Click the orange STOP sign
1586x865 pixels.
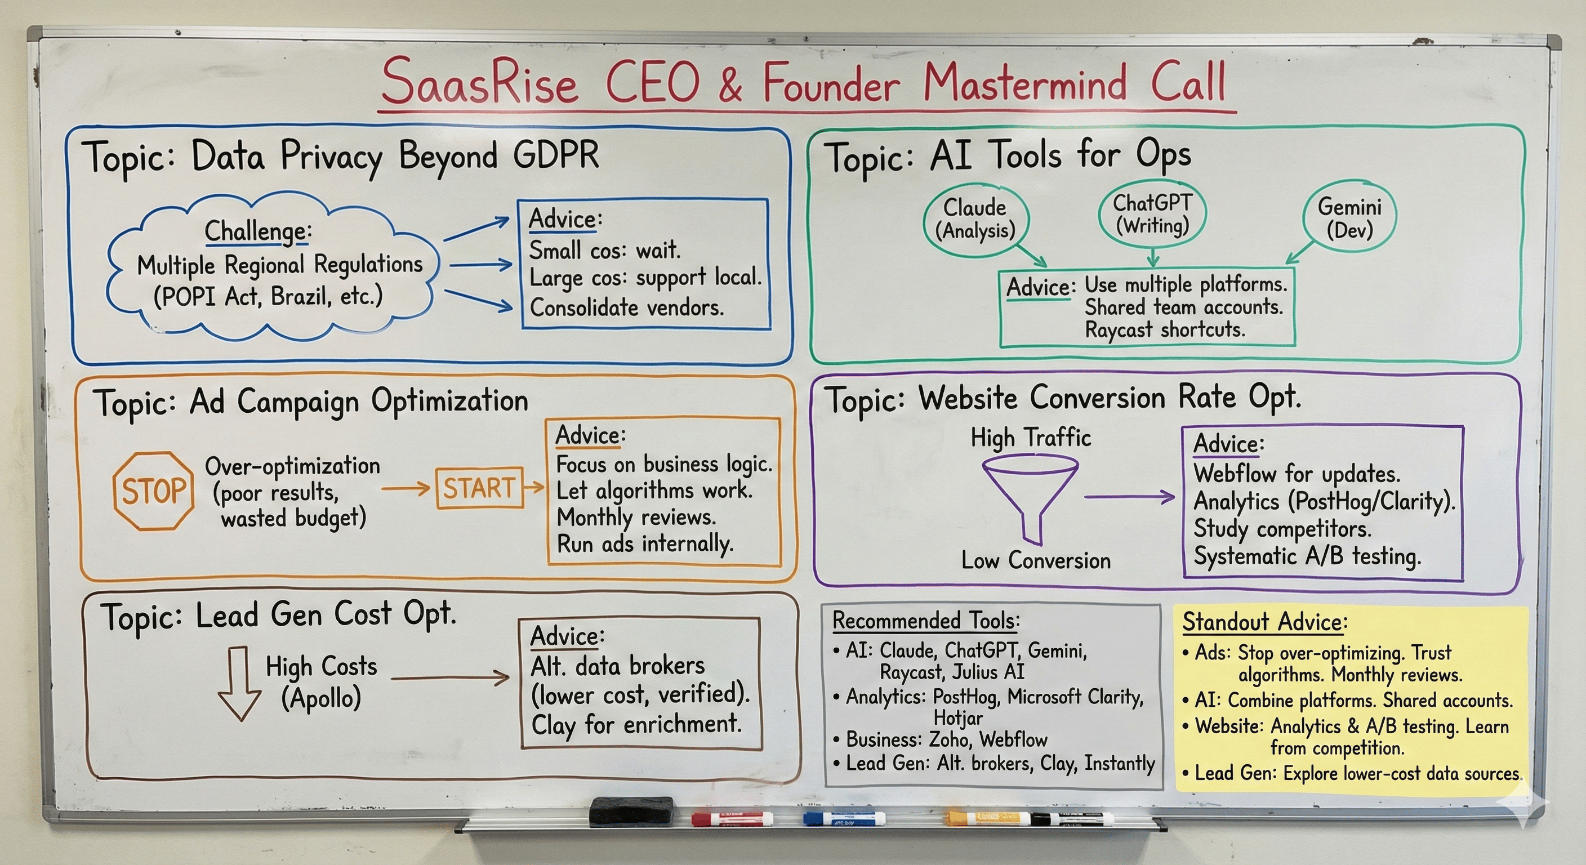coord(153,491)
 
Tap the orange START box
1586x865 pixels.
coord(479,488)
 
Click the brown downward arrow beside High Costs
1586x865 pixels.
coord(238,683)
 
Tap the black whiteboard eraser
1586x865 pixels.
coord(631,812)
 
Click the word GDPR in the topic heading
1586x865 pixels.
coord(556,154)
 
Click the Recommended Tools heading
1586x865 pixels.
coord(925,621)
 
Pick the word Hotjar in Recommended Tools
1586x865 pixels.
coord(957,718)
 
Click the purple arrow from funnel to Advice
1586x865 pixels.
coord(1129,496)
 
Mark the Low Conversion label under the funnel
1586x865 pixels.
coord(1036,560)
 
